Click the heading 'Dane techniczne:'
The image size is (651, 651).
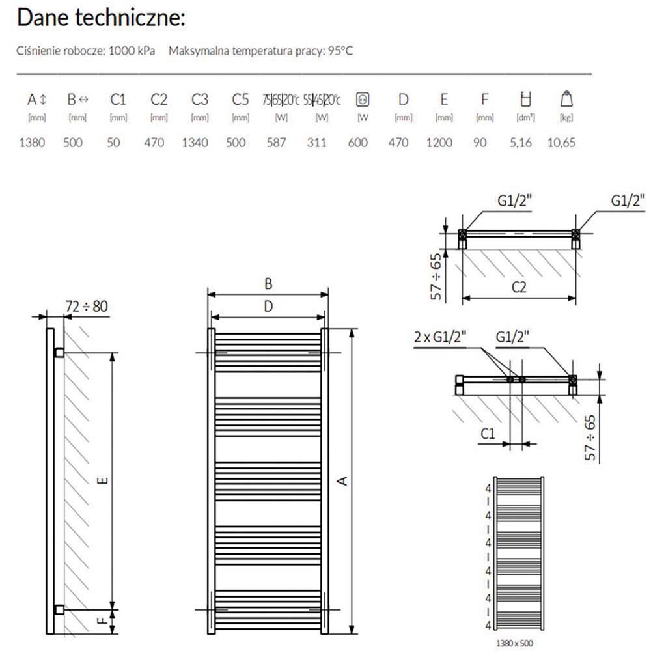coord(101,18)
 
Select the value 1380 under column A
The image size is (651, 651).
coord(32,143)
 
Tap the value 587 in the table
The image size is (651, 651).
coord(277,143)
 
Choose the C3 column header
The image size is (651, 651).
coord(200,100)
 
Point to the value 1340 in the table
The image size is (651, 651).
coord(195,143)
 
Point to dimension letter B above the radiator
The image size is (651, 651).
coord(268,284)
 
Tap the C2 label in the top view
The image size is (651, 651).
coord(518,288)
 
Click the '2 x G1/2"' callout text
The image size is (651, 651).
coord(441,337)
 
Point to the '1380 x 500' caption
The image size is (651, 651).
coord(518,643)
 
